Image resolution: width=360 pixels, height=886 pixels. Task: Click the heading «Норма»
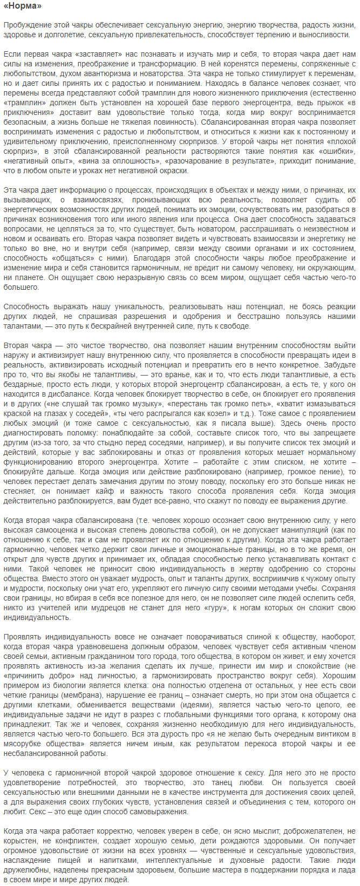pyautogui.click(x=23, y=6)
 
